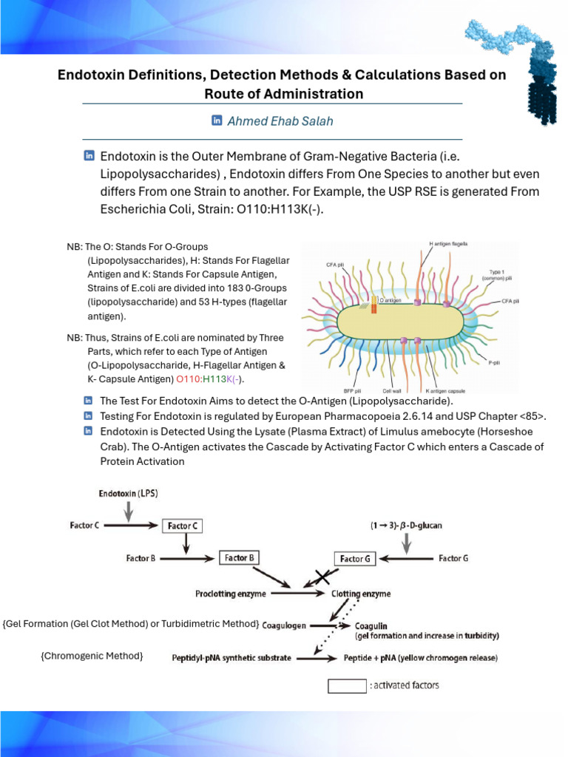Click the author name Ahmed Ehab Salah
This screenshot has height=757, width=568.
[280, 120]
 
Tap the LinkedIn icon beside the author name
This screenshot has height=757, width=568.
[217, 120]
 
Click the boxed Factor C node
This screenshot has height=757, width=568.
[182, 526]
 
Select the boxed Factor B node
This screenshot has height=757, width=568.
[239, 557]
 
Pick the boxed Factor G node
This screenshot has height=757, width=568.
[355, 559]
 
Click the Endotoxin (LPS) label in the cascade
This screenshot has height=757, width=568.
[129, 492]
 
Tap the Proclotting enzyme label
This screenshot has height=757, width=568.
[231, 593]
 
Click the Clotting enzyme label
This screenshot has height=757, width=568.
[361, 593]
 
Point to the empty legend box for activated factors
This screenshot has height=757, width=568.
[347, 685]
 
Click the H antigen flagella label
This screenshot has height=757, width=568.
[448, 243]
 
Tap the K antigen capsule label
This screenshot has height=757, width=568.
[444, 390]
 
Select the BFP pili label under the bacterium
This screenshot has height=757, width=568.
[351, 390]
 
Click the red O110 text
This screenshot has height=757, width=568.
[189, 379]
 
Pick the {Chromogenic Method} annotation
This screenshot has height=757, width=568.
[92, 656]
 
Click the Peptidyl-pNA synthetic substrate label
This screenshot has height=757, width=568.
[231, 657]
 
